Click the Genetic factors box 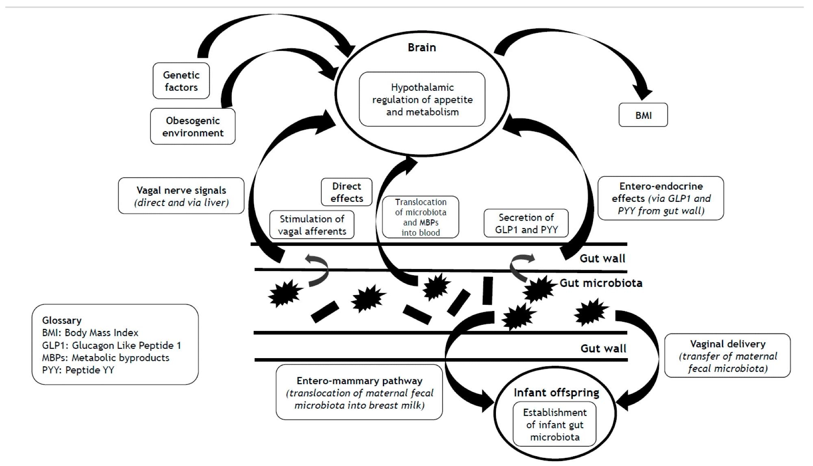181,81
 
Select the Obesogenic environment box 193,127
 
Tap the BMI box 643,115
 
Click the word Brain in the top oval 422,48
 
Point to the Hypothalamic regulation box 422,100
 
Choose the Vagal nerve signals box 181,196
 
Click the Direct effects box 346,192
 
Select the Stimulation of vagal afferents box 312,225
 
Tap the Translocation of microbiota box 420,217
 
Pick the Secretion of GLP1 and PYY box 526,223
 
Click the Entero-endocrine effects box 661,198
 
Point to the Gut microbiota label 601,283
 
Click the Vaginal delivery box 727,356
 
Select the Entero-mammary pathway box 359,393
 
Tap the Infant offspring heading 556,393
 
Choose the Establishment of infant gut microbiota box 554,424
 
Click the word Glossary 62,320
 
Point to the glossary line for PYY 78,370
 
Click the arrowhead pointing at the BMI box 643,94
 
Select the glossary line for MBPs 106,358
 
